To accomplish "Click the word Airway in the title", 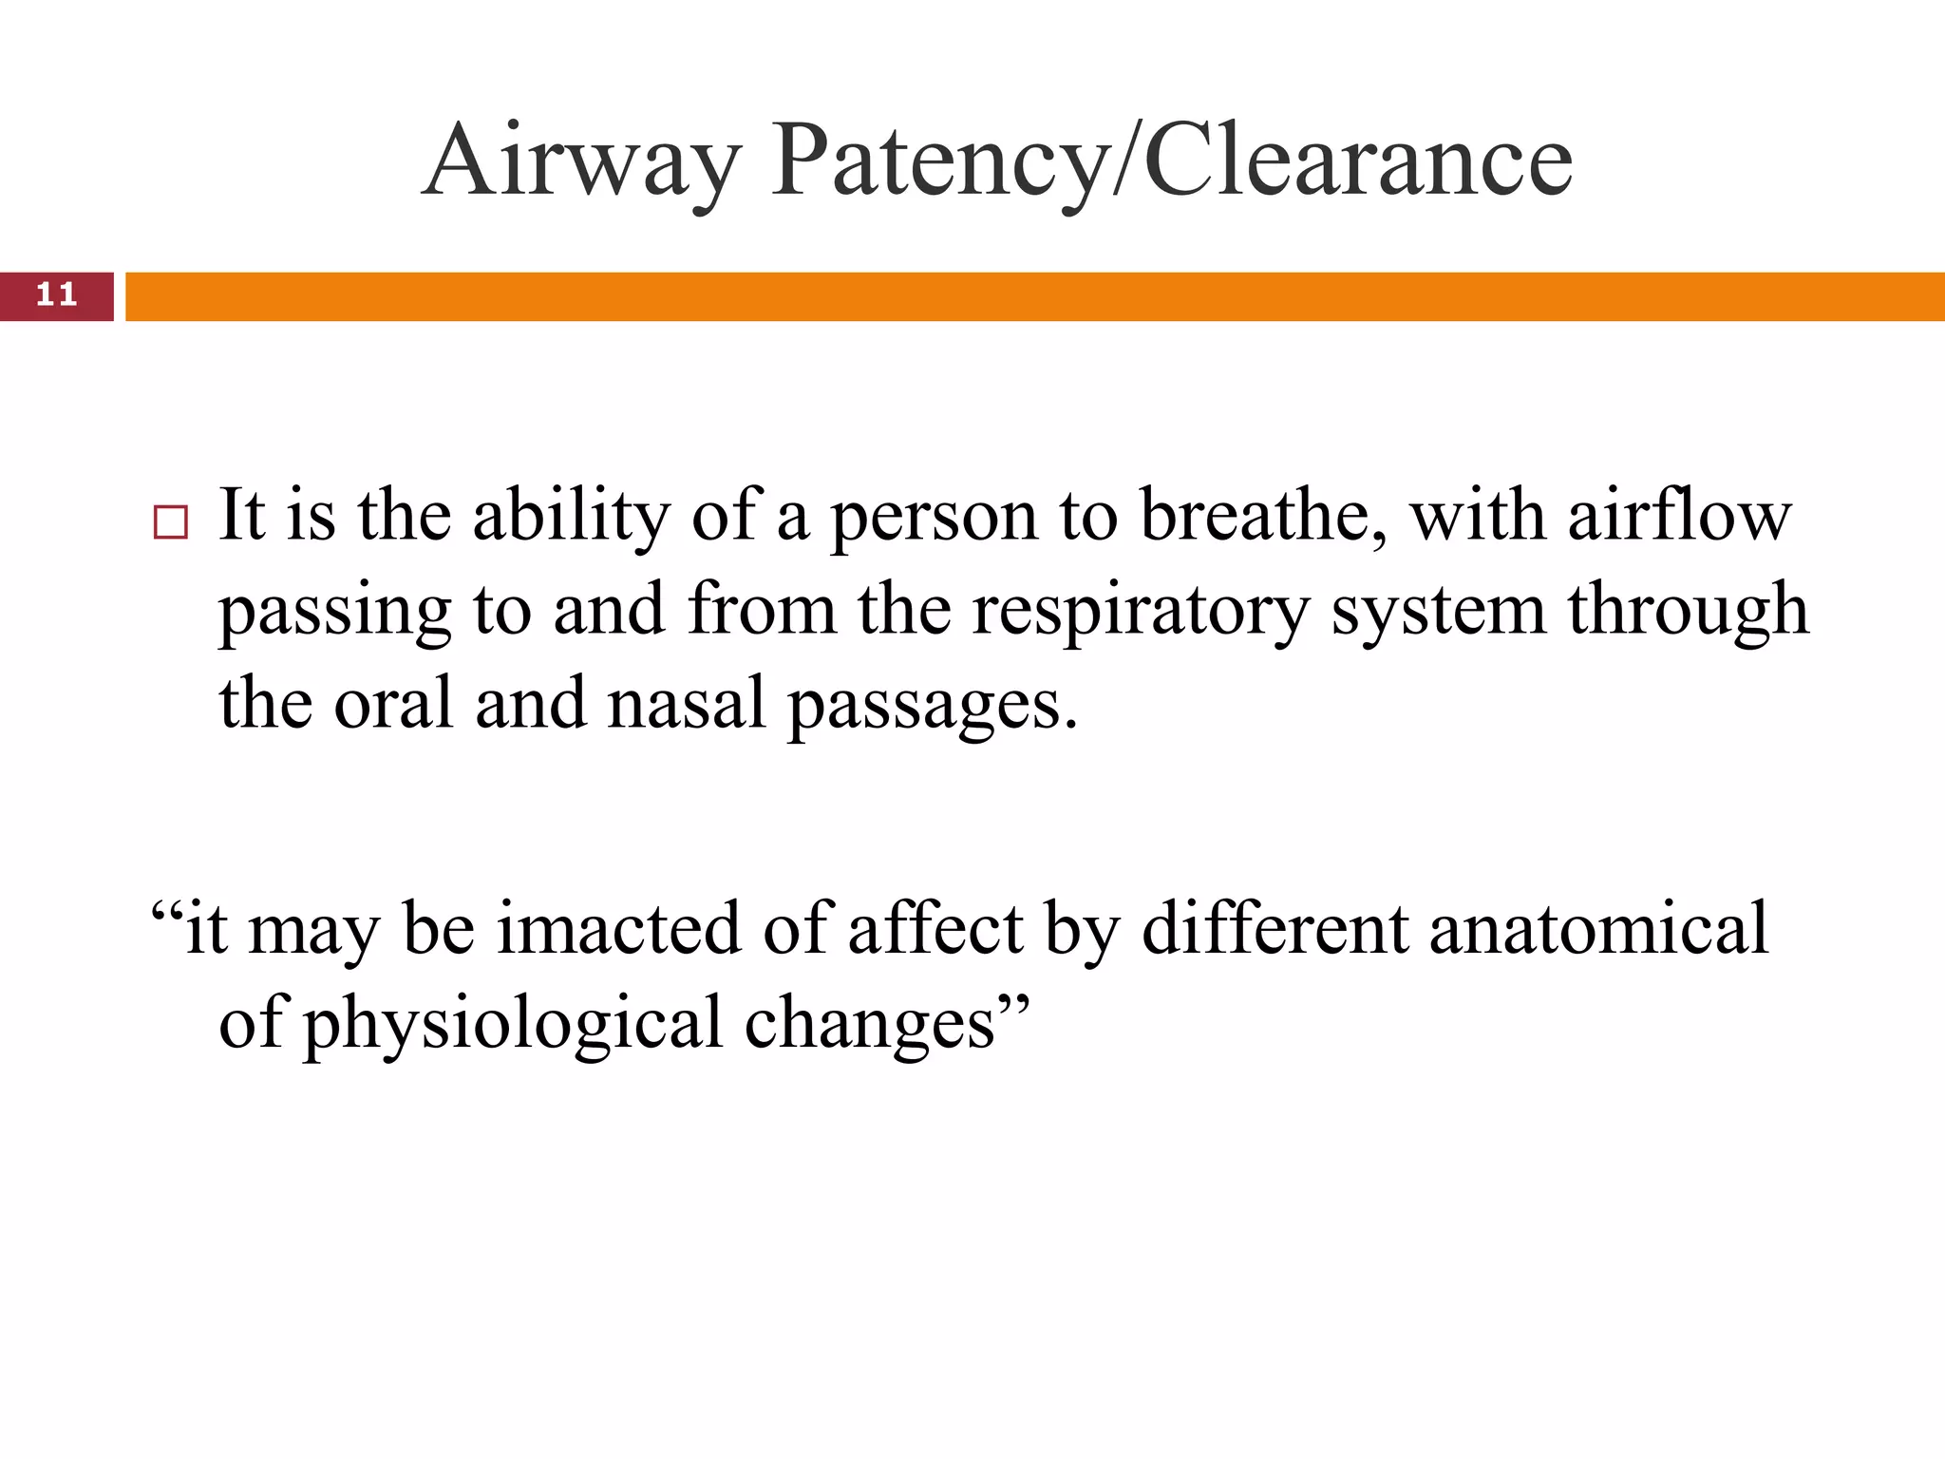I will tap(580, 161).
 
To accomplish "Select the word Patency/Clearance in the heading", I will tap(1171, 161).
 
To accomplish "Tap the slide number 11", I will tap(56, 295).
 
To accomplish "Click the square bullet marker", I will tap(171, 523).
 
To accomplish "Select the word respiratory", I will tap(1140, 611).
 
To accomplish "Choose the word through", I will tap(1688, 611).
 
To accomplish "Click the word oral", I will tap(393, 704).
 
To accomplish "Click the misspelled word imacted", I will tap(618, 928).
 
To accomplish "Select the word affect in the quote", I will tap(935, 928).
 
